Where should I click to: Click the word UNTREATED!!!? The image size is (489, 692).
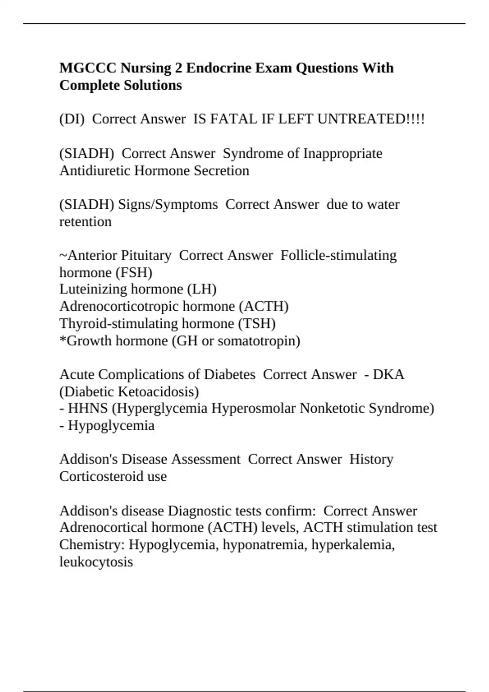370,119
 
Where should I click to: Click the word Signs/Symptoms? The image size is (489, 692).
168,204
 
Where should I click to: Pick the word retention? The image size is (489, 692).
85,222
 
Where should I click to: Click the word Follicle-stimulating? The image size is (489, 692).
338,256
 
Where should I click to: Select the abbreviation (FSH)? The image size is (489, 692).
134,273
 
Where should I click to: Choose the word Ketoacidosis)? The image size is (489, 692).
158,392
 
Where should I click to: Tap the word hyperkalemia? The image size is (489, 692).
353,545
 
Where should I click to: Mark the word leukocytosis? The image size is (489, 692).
96,562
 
